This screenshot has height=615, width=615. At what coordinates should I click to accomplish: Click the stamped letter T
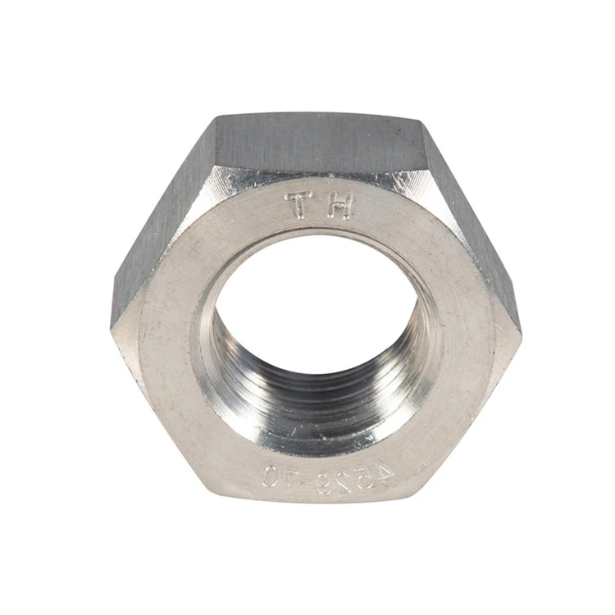click(x=299, y=206)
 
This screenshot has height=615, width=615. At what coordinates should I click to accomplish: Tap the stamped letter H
click(x=339, y=207)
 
